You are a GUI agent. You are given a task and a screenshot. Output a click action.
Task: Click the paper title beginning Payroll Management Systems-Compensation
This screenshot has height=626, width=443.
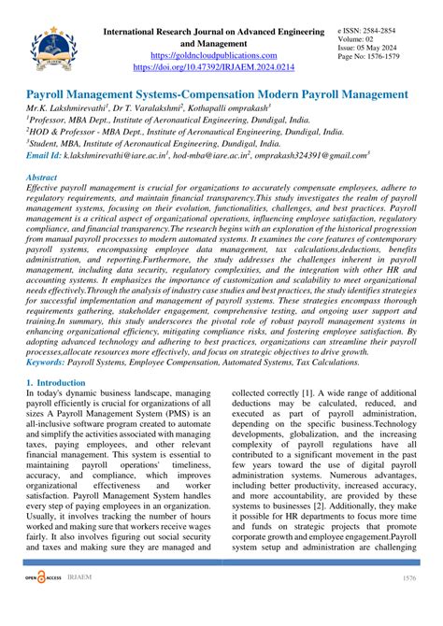(x=217, y=95)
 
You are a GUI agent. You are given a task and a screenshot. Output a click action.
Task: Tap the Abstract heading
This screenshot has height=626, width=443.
(x=41, y=177)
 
